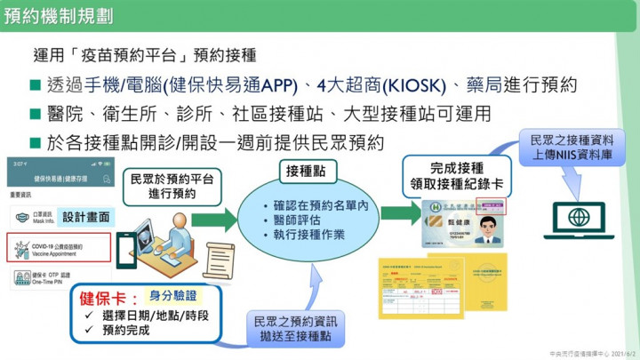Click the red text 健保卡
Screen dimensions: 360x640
106,297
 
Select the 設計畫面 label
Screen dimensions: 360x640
88,215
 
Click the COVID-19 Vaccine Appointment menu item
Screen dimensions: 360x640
59,248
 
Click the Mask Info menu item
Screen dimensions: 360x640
44,217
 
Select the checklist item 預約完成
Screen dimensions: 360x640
124,331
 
